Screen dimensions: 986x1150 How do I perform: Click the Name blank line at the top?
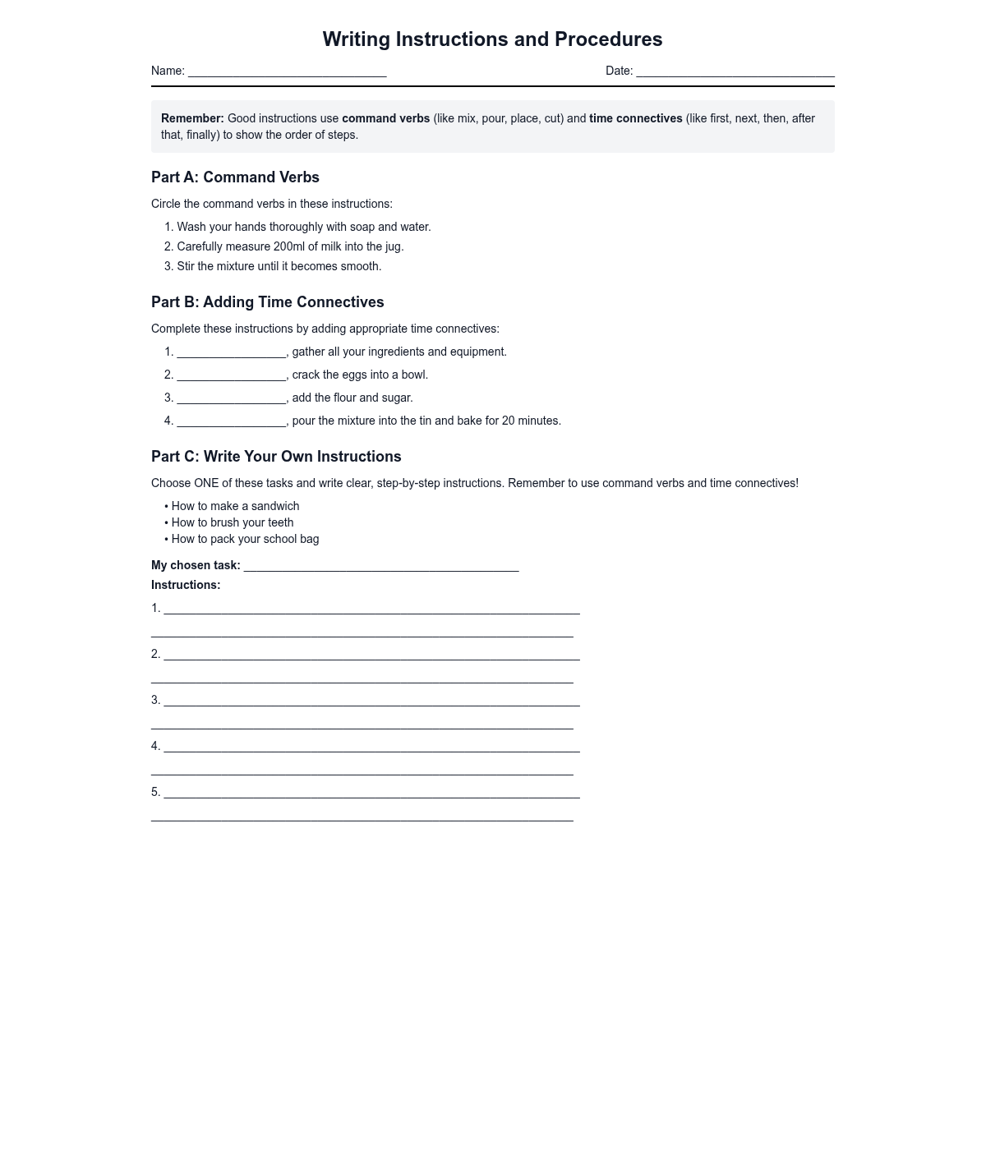tap(287, 72)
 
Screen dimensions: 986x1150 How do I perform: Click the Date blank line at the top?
tap(735, 72)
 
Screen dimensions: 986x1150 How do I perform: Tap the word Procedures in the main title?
tap(608, 39)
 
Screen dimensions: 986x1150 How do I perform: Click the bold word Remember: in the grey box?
tap(192, 118)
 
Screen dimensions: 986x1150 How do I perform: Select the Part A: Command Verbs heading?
tap(235, 177)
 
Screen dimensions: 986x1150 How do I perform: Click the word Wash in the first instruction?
tap(191, 227)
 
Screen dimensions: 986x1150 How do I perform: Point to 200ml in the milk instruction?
tap(289, 246)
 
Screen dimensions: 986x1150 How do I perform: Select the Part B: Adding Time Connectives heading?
tap(267, 302)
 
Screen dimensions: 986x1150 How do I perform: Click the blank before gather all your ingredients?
tap(232, 353)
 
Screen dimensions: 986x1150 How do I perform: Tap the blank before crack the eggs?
tap(232, 376)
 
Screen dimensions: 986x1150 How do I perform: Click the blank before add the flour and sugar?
tap(232, 399)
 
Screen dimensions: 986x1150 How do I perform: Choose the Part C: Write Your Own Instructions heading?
tap(276, 457)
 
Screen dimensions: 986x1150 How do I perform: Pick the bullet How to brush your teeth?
tap(232, 522)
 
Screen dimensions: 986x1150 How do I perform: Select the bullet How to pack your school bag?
tap(245, 539)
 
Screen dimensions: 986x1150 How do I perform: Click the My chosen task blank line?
tap(381, 567)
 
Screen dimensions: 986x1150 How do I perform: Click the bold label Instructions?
tap(186, 585)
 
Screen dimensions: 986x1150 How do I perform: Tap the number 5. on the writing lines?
tap(155, 792)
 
